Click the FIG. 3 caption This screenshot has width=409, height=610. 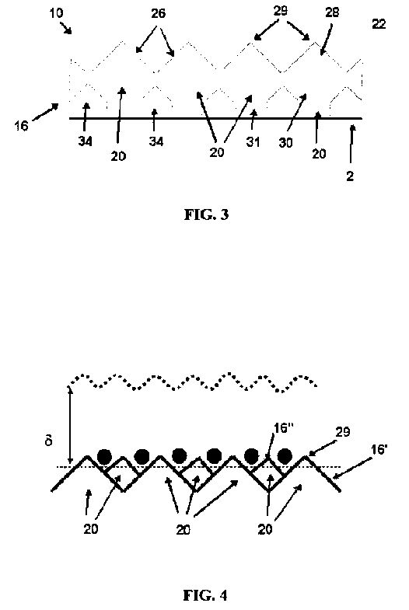[x=206, y=214]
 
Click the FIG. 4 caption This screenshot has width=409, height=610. [x=205, y=594]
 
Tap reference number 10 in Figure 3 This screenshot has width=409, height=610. [x=57, y=13]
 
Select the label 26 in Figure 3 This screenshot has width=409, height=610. [x=158, y=14]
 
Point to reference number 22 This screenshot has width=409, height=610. [x=379, y=24]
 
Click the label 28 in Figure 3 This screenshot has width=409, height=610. [x=332, y=12]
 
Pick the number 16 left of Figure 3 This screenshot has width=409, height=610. [x=22, y=126]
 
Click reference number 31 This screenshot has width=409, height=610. [x=253, y=142]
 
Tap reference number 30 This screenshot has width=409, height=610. [x=285, y=143]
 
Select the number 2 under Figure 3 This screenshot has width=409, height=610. [x=350, y=176]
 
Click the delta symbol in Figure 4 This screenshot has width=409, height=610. [x=49, y=441]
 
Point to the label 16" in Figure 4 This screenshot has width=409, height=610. [x=284, y=428]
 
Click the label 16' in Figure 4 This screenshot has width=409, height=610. [x=379, y=449]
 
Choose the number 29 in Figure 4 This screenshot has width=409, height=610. [x=342, y=432]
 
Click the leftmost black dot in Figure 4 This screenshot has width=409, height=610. [x=104, y=456]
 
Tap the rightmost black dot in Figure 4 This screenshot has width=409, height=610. [x=285, y=456]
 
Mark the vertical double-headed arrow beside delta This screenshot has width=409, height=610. [x=70, y=424]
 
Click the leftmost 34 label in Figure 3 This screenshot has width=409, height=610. [x=85, y=141]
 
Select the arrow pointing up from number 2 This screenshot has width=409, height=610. [x=351, y=144]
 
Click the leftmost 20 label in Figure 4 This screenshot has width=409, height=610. [x=91, y=528]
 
